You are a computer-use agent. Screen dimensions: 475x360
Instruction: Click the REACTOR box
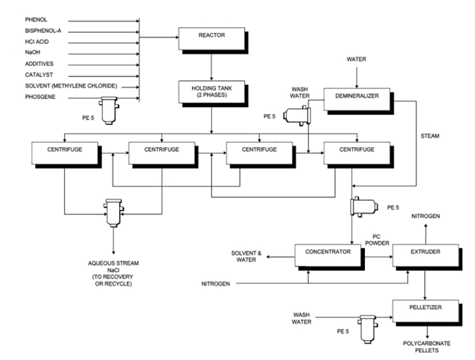tap(211, 39)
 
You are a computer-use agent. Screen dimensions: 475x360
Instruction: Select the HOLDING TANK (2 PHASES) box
tap(211, 92)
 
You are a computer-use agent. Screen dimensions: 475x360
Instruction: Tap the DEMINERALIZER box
tap(357, 99)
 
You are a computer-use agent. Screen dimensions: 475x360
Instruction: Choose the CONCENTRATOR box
tap(328, 256)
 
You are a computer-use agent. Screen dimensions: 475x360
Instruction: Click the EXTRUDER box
tap(426, 256)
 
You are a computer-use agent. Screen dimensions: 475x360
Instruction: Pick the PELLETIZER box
tap(426, 311)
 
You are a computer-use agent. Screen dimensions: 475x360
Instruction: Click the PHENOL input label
tap(36, 20)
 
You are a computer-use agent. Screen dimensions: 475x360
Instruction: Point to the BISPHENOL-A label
tap(43, 31)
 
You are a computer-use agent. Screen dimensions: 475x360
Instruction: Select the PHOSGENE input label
tap(40, 97)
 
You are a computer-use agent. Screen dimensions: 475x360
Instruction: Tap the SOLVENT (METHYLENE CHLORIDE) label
tap(71, 86)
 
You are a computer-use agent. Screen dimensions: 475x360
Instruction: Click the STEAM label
tap(430, 136)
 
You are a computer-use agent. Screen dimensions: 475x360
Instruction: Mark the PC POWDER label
tap(377, 240)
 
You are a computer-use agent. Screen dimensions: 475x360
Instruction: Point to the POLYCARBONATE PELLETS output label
tap(426, 347)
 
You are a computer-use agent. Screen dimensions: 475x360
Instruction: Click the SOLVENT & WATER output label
tap(246, 256)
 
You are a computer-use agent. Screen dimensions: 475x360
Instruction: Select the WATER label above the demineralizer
tap(356, 59)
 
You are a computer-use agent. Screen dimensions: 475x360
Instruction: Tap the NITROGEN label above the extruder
tap(426, 216)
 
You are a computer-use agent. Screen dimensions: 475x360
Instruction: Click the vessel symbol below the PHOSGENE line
tap(109, 111)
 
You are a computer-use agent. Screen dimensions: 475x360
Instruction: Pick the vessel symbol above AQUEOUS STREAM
tap(114, 213)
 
